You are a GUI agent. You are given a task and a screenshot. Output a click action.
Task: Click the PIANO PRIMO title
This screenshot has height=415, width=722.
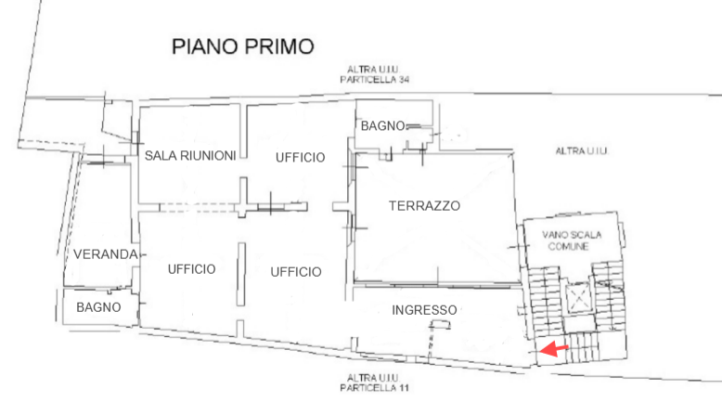click(x=243, y=46)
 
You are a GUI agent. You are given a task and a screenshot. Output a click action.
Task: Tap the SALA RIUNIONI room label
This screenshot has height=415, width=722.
click(x=190, y=156)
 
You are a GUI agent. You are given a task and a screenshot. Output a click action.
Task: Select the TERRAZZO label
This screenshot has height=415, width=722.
click(x=424, y=206)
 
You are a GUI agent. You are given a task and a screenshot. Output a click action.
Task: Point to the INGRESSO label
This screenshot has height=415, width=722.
click(x=424, y=310)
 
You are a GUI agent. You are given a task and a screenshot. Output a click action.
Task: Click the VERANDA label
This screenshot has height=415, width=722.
click(x=106, y=254)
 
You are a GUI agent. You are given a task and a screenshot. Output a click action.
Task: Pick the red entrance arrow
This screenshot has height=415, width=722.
click(x=554, y=349)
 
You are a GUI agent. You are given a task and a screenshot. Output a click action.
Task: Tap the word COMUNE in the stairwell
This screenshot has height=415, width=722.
click(x=568, y=246)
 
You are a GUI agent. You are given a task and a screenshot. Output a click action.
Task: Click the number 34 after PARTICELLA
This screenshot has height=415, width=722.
click(x=403, y=80)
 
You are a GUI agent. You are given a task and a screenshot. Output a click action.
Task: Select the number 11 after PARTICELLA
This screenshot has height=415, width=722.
click(x=403, y=388)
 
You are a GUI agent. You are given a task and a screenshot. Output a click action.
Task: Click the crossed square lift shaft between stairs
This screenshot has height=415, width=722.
click(x=577, y=297)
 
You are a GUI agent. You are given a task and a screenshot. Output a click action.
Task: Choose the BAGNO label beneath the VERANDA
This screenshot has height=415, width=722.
click(x=98, y=307)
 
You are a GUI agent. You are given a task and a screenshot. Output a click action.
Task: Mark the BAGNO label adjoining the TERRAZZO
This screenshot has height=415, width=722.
click(x=382, y=125)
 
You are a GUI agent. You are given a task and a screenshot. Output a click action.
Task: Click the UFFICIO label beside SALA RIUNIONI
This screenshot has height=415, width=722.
click(x=301, y=158)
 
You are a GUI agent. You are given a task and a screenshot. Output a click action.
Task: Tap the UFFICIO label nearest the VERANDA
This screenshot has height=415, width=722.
click(x=191, y=269)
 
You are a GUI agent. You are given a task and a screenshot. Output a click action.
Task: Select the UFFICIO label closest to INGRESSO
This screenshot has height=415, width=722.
click(x=296, y=272)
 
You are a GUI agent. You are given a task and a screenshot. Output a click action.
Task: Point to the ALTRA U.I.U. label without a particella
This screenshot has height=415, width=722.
click(x=582, y=151)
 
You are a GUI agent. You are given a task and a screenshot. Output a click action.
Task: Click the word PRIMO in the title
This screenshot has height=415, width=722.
click(x=279, y=46)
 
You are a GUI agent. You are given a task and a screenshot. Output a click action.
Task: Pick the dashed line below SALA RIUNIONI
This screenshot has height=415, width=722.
click(x=198, y=208)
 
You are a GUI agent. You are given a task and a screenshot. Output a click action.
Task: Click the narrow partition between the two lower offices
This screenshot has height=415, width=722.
click(x=240, y=275)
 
